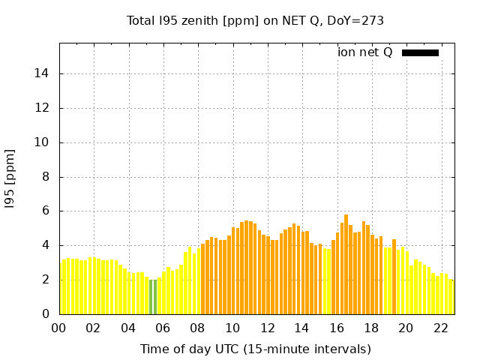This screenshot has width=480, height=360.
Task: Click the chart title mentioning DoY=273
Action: pos(255,20)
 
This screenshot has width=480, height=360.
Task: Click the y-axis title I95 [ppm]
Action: pos(10,178)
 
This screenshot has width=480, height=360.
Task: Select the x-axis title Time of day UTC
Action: pos(255,349)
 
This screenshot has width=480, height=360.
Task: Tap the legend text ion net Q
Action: pos(365,52)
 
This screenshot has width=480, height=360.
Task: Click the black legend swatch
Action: pos(420,52)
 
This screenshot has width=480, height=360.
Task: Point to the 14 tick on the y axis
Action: pos(44,73)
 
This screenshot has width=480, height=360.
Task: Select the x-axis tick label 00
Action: pos(59,328)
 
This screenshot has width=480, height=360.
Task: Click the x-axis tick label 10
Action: pos(232,328)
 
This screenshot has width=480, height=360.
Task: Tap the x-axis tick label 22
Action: pos(440,328)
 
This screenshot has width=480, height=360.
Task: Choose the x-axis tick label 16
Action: pos(337,328)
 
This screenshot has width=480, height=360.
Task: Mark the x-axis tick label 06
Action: pos(163,328)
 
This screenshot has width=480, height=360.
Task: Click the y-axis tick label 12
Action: pos(44,108)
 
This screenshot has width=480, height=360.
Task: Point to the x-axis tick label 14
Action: pos(302,328)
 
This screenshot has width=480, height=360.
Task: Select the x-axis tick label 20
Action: pos(406,328)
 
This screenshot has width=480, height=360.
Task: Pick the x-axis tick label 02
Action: pos(94,328)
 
